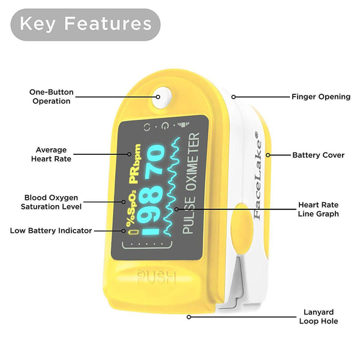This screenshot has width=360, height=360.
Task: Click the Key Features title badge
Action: pos(85,25)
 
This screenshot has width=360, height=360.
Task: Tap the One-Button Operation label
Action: pos(52,97)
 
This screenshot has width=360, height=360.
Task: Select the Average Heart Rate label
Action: pos(51,154)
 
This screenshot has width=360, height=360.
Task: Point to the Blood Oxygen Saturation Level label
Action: pos(51,202)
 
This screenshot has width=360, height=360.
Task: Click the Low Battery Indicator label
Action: pos(51,230)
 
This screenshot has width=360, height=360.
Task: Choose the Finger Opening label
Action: pos(321,97)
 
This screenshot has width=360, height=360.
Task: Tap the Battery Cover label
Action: pos(318,155)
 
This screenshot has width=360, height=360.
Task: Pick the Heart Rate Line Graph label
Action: pos(318,209)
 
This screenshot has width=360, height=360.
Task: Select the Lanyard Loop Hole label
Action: pos(319,317)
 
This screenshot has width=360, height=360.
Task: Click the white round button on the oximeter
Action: pos(161,97)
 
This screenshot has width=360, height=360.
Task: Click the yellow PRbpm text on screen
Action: pos(135,163)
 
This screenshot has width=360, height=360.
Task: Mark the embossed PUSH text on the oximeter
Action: pos(156,277)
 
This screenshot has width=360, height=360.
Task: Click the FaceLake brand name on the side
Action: pos(257,176)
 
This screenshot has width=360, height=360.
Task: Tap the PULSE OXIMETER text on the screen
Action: pos(191,183)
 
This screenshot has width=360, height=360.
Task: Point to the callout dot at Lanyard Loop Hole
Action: pos(189,317)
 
